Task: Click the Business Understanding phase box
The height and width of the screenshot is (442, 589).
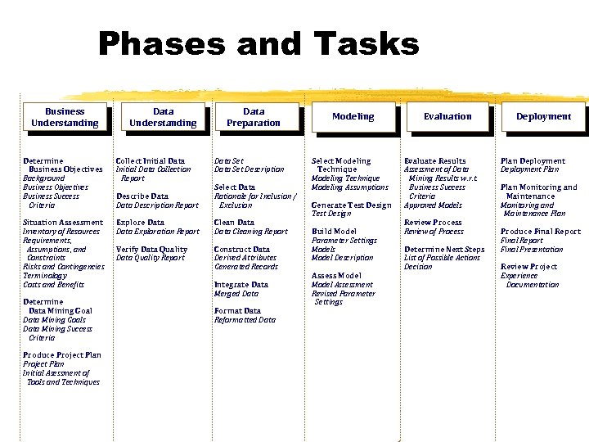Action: point(65,117)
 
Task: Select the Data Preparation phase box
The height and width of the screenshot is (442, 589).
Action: point(254,117)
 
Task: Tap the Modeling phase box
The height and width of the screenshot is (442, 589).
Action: point(353,117)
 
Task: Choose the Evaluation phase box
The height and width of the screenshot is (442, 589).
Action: point(447,117)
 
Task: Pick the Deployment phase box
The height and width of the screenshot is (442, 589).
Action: point(543,117)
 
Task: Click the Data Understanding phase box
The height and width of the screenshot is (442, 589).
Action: point(163,117)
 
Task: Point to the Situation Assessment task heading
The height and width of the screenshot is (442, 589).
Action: point(63,223)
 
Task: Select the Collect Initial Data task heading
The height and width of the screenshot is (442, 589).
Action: point(151,161)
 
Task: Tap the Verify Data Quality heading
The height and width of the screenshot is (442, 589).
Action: point(151,250)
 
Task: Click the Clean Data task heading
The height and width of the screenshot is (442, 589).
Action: point(234,223)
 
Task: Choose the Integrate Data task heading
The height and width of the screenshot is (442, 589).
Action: point(241,285)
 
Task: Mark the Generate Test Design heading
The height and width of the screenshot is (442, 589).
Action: point(351,205)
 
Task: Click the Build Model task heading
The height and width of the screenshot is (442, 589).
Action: point(334,232)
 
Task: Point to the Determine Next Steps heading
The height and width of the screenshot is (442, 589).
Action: point(444,250)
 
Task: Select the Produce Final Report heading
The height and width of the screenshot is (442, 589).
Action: point(540,232)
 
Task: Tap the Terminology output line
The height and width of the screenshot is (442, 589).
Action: point(46,276)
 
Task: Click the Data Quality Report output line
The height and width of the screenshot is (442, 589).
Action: point(151,258)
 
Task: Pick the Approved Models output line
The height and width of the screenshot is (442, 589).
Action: point(433,205)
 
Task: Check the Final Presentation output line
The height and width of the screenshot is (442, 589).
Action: point(532,250)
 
